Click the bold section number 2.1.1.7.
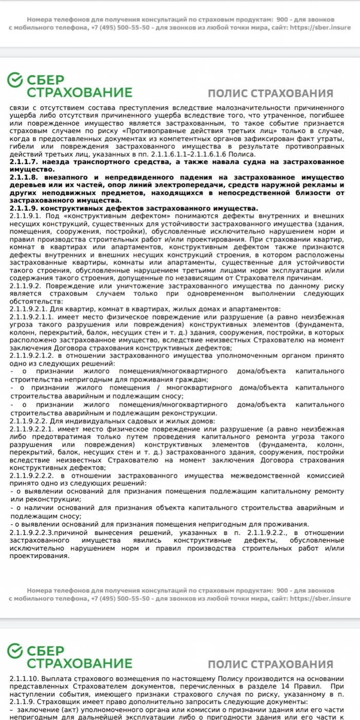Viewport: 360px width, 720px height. pos(23,162)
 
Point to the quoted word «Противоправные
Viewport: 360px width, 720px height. pos(154,131)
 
